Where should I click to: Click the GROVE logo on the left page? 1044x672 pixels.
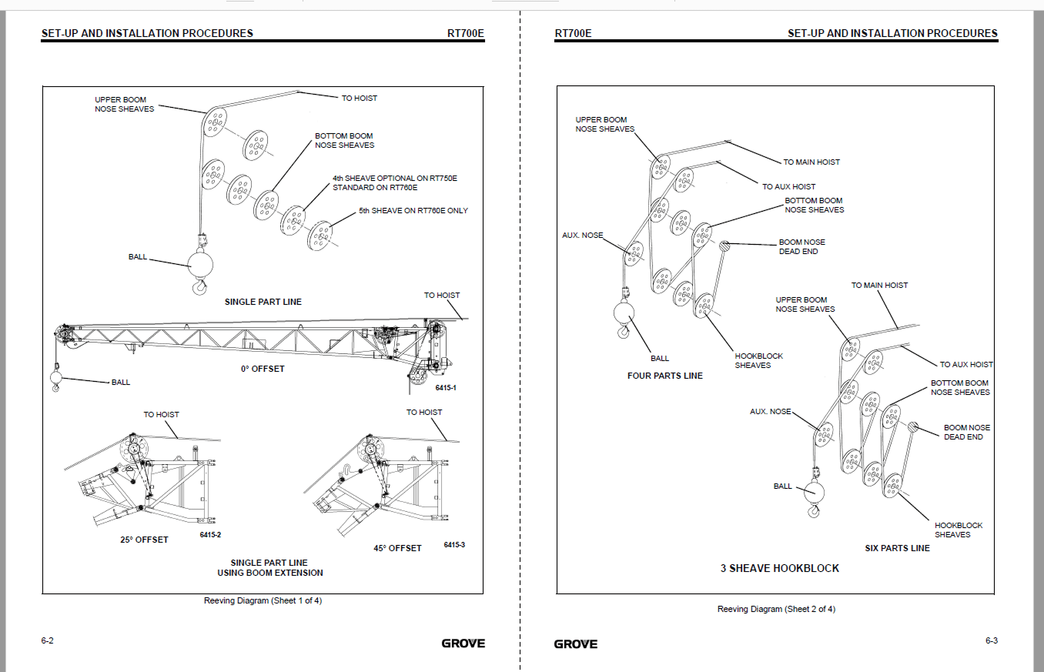tap(463, 644)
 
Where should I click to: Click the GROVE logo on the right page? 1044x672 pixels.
tap(576, 644)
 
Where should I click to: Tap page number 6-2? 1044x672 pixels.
tap(47, 640)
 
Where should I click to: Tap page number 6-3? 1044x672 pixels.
tap(992, 640)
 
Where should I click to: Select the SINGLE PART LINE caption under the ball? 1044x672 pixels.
tap(263, 302)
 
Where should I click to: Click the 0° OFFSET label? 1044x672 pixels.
tap(263, 369)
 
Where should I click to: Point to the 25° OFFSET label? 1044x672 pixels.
tap(144, 540)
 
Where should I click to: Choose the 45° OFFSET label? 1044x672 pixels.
tap(397, 549)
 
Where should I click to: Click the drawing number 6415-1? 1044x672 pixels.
tap(446, 388)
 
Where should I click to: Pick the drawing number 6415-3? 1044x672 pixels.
tap(454, 545)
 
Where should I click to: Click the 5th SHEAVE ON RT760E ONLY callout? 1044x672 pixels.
tap(413, 211)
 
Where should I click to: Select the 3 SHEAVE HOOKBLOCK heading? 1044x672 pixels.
tap(780, 569)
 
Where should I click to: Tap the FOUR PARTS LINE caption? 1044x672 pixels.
tap(664, 376)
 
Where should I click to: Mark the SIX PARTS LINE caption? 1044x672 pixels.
tap(897, 549)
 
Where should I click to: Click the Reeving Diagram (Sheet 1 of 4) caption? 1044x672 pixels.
tap(263, 600)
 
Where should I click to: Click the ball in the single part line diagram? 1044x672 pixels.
tap(200, 265)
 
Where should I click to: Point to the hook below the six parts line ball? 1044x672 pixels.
tap(813, 511)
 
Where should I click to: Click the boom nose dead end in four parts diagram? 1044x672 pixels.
tap(724, 246)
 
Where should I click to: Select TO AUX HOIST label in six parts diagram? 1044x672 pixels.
tap(966, 364)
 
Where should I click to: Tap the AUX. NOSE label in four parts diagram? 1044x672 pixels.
tap(583, 236)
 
